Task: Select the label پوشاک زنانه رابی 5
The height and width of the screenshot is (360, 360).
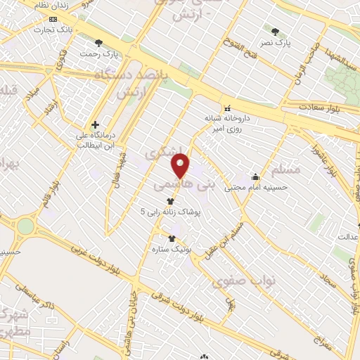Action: [x=172, y=211]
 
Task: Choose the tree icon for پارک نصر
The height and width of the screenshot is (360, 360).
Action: [x=275, y=31]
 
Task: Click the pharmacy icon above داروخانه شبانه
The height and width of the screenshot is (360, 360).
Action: [x=227, y=108]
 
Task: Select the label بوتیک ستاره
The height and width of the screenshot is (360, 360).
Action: [x=167, y=248]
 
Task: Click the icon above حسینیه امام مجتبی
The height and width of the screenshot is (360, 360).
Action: [x=255, y=176]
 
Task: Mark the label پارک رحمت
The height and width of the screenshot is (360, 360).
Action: [x=97, y=54]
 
